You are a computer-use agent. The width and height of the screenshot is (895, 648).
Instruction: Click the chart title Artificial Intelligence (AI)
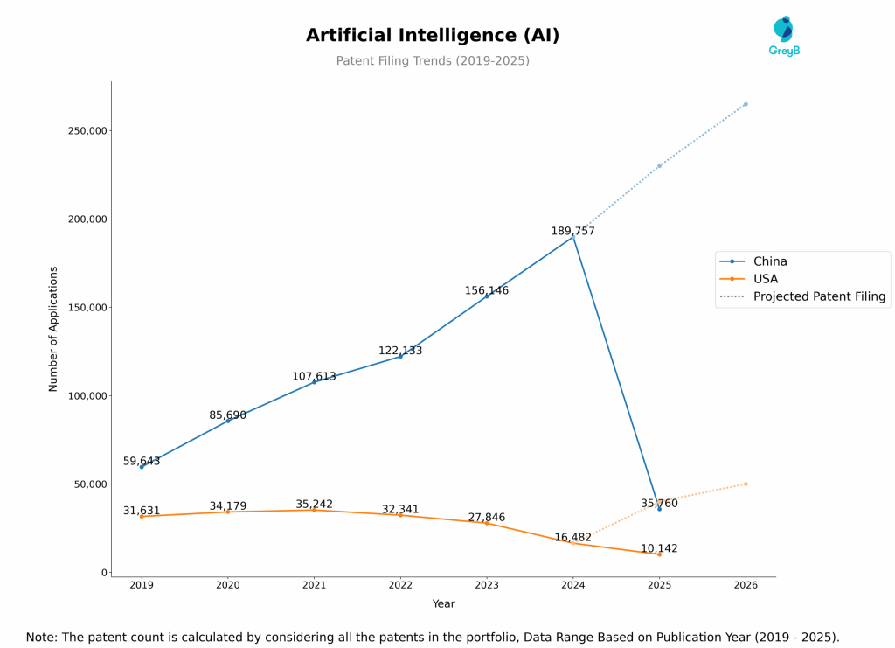433,36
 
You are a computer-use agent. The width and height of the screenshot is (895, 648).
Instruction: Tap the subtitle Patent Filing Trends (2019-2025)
433,61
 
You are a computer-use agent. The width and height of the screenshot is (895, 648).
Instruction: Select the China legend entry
769,261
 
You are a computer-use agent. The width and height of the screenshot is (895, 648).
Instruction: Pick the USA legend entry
765,279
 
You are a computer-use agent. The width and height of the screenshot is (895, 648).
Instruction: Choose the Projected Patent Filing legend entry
819,296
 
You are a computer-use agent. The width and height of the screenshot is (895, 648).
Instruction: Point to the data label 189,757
572,232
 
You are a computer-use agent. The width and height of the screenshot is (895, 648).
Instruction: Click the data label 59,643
142,462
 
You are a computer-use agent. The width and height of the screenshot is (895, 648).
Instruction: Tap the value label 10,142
659,549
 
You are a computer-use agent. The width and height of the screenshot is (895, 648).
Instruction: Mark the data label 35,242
314,505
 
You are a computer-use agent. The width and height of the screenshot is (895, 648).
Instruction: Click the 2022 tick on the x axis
400,585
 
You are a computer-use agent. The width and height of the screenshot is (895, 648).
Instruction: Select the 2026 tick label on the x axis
746,585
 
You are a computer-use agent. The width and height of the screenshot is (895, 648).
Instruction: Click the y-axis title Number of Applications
53,329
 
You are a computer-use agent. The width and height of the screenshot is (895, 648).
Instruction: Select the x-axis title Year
443,604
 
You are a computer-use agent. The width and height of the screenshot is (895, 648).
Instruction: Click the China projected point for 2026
746,104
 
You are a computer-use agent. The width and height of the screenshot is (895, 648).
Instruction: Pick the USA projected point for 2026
746,484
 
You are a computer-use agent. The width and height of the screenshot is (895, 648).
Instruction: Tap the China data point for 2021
314,382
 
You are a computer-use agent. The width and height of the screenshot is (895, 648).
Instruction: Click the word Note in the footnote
40,638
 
